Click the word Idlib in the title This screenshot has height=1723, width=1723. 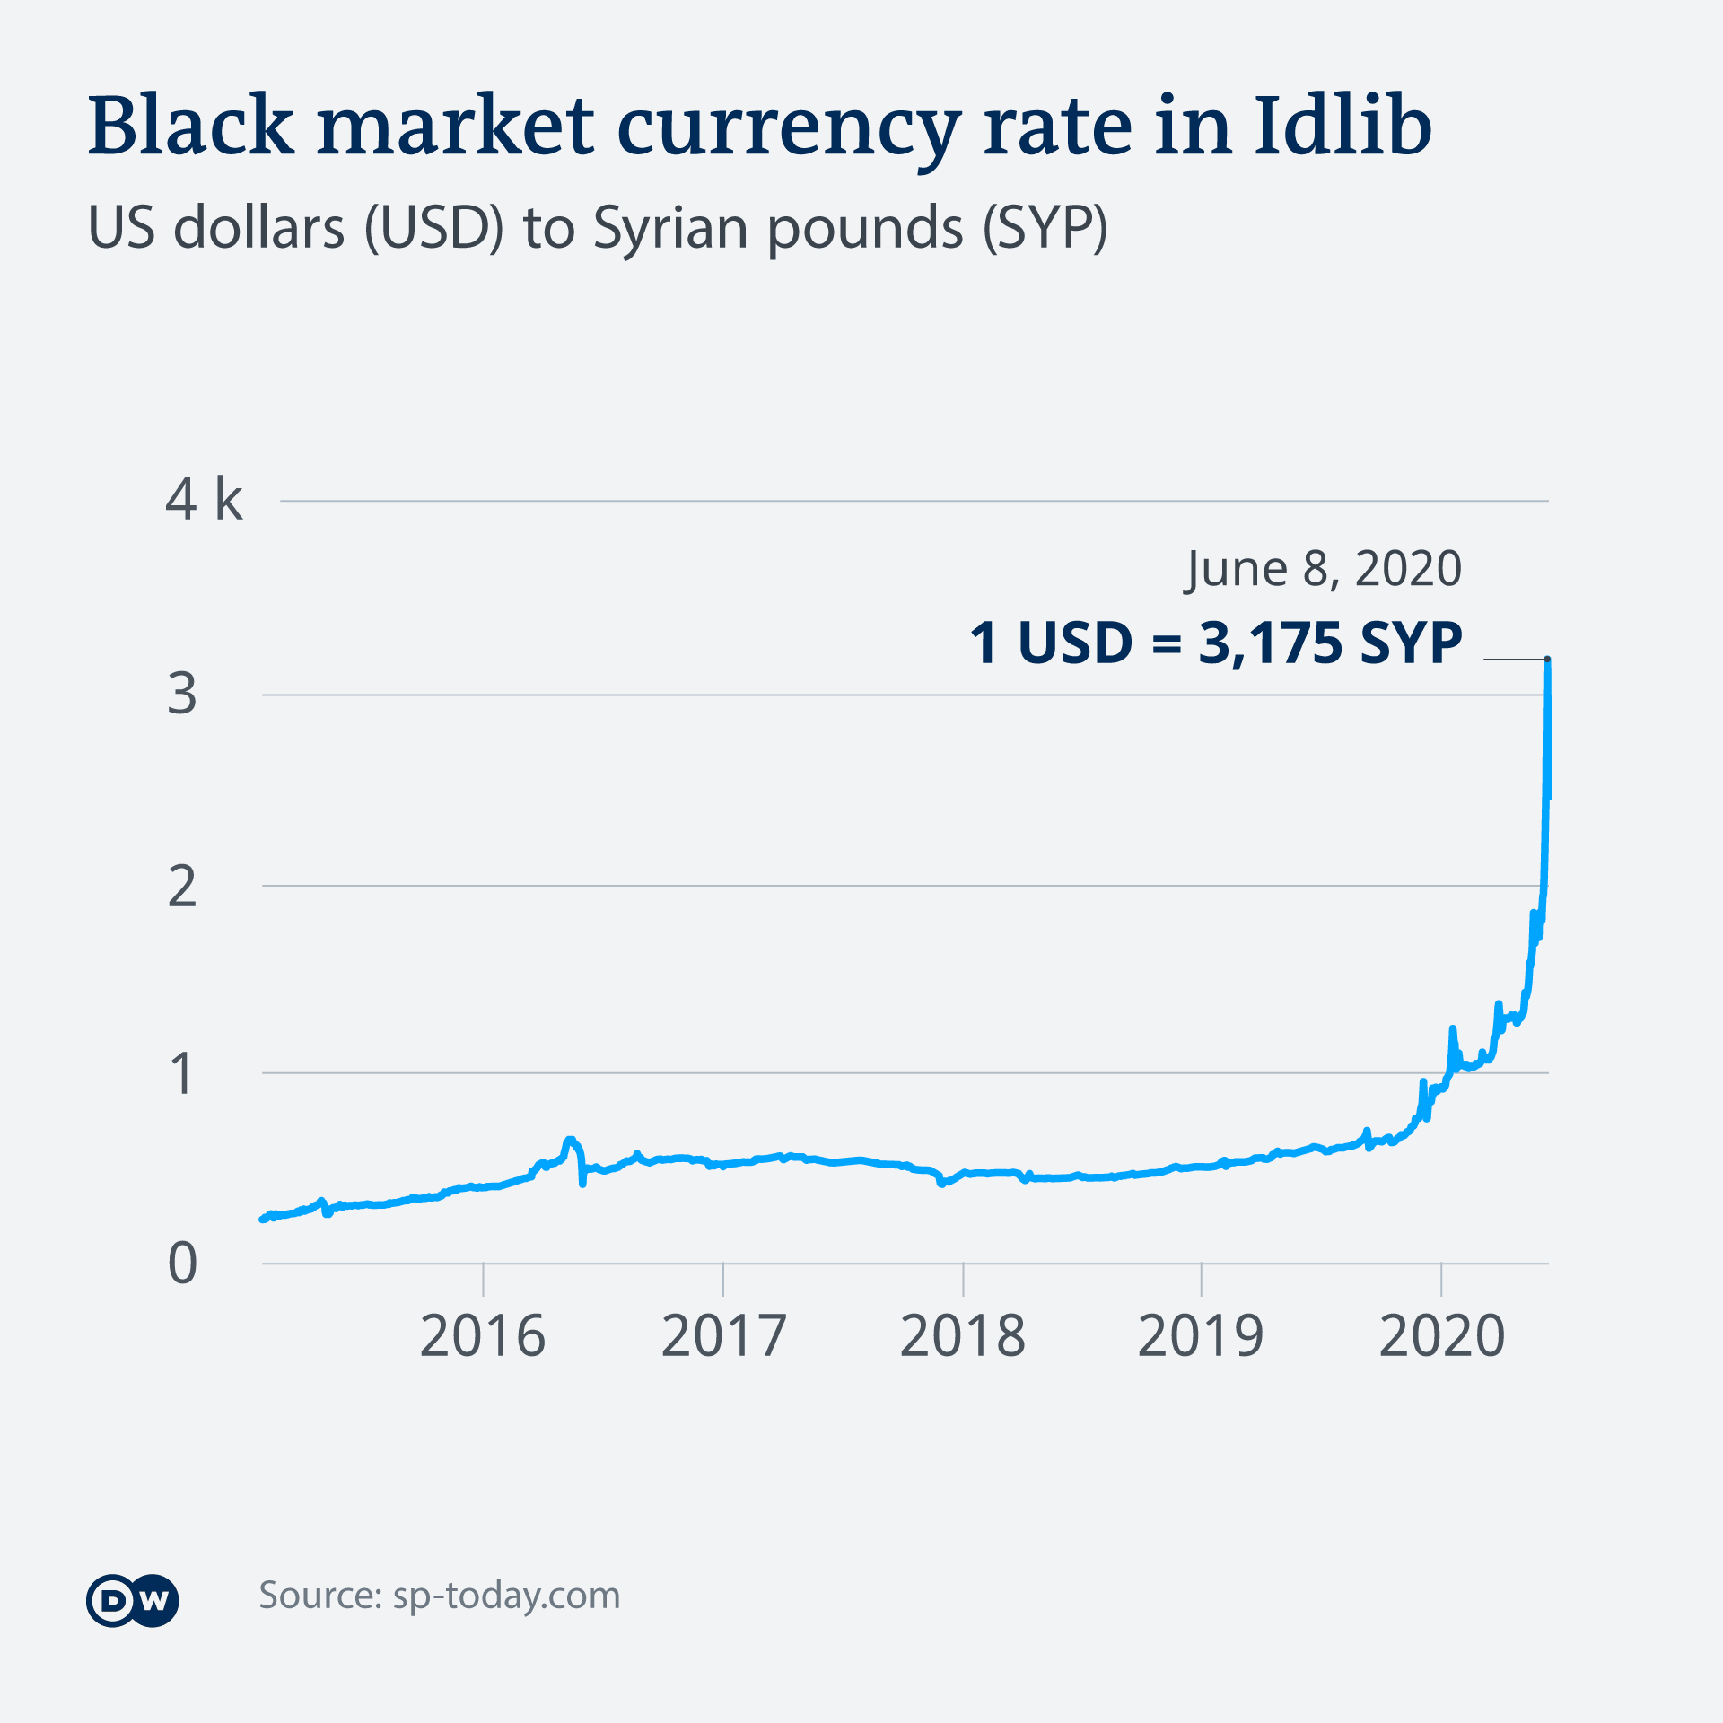(1343, 126)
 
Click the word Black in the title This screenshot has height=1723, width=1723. (190, 126)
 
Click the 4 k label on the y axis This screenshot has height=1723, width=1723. (204, 500)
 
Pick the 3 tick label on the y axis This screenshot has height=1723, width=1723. (182, 694)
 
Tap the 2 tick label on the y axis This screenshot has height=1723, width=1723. (182, 887)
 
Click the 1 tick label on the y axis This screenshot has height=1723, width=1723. (182, 1073)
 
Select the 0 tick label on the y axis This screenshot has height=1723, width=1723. (182, 1264)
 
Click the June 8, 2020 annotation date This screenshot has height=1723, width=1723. (1324, 569)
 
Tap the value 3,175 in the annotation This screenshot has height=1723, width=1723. (1270, 643)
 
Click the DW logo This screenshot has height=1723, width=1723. (133, 1601)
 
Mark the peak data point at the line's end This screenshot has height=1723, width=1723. (1547, 660)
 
